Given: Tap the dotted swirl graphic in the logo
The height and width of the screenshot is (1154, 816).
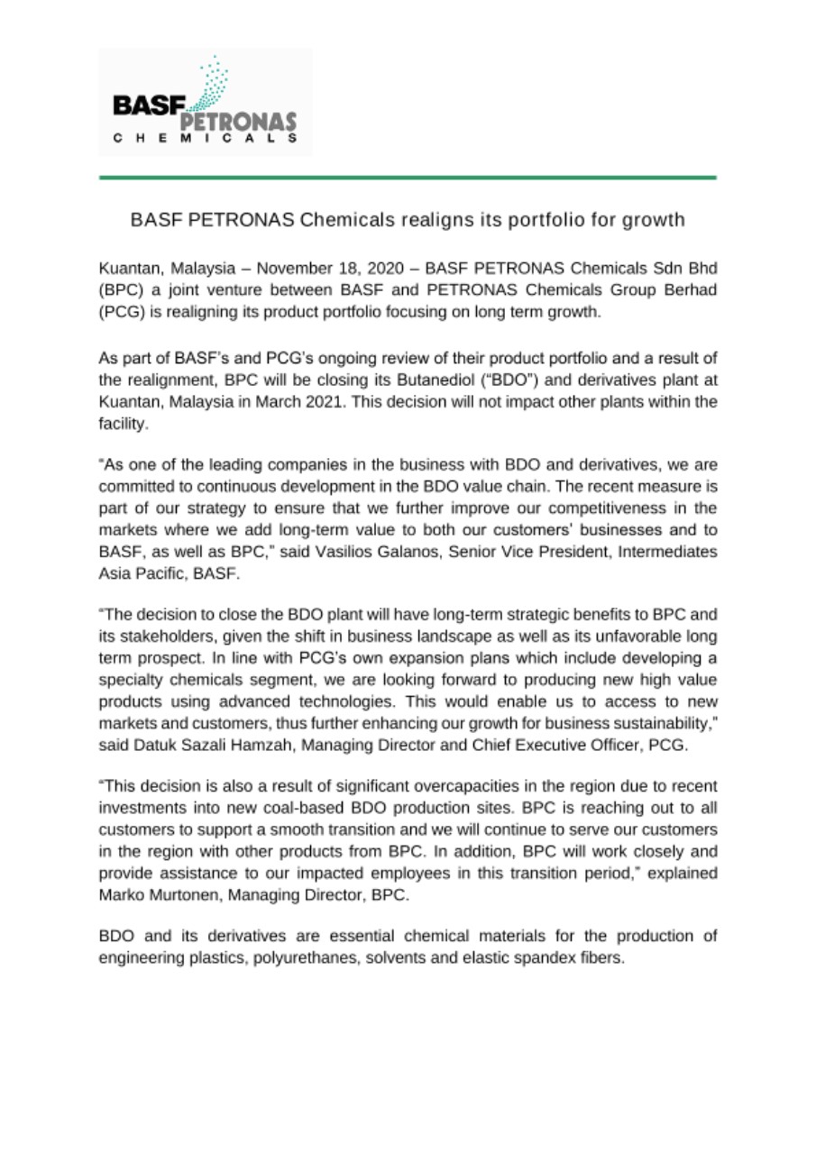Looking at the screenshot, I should pos(212,86).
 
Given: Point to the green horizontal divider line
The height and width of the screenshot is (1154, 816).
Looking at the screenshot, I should pos(408,178).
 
